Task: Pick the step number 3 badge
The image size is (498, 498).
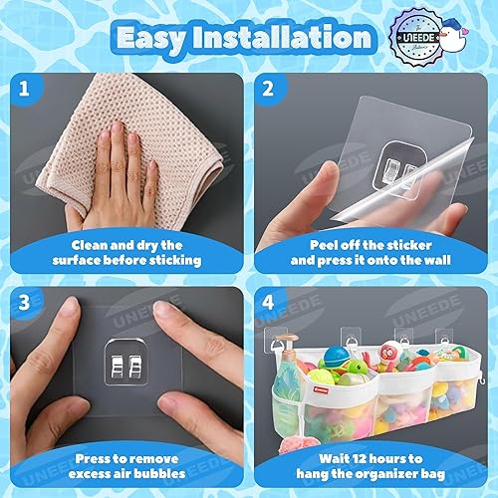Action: coord(27,302)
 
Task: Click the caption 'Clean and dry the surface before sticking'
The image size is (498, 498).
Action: coord(126,251)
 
